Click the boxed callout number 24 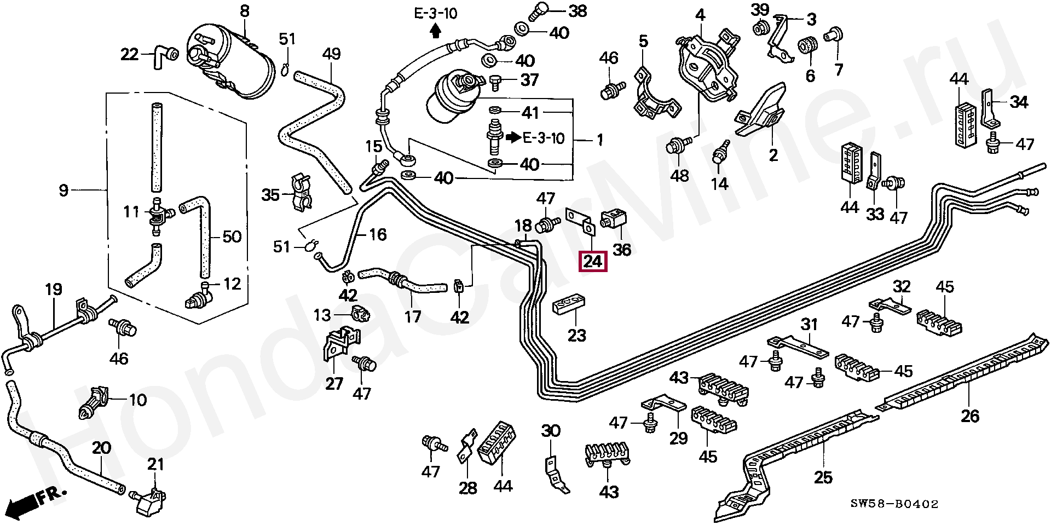tap(593, 261)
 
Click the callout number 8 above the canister tap(244, 11)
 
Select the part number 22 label tap(129, 55)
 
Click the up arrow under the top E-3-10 tap(435, 32)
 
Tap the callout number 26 tap(969, 416)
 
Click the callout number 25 tap(823, 477)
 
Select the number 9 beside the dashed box tap(63, 191)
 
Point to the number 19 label tap(53, 289)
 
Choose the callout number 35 tap(270, 195)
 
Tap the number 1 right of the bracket tap(599, 140)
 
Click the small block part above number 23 tap(569, 306)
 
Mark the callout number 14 tap(719, 184)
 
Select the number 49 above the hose tap(332, 54)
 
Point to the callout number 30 tap(551, 431)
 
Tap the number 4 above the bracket tap(700, 15)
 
